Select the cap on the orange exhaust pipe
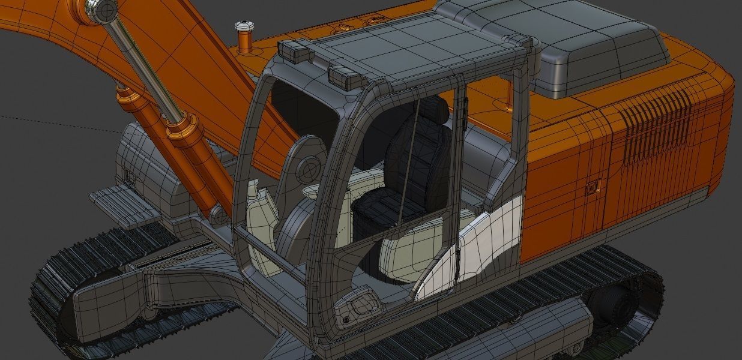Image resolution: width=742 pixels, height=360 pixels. (x=244, y=27)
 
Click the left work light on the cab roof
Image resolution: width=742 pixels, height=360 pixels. (x=297, y=51)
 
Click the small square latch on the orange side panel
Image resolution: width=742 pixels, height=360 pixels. (x=593, y=188)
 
